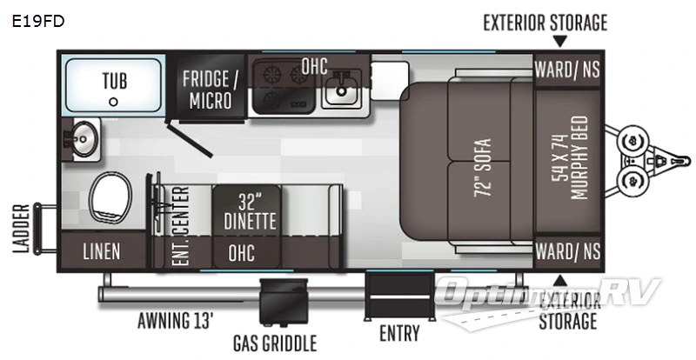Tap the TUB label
[113, 81]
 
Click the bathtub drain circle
[113, 102]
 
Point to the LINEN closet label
[102, 251]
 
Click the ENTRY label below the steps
[399, 333]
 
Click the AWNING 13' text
[175, 320]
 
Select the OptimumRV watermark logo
[548, 291]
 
